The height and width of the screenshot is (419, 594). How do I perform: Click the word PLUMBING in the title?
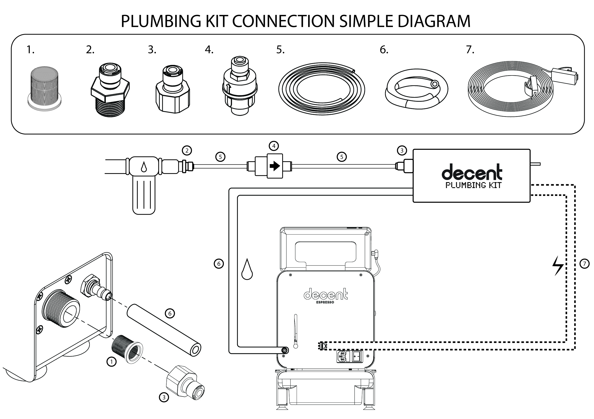pos(161,21)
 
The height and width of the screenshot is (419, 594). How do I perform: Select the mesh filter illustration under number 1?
pos(44,87)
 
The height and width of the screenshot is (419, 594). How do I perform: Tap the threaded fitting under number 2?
pos(110,93)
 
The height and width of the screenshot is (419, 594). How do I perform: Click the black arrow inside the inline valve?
pos(274,166)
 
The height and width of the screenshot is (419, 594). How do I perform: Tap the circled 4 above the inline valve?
pos(274,146)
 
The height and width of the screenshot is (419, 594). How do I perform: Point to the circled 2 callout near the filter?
pos(187,150)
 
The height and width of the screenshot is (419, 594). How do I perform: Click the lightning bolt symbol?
pos(558,266)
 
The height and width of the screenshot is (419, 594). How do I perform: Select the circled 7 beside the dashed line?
pos(584,264)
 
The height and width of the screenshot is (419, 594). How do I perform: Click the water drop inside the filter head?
pos(144,167)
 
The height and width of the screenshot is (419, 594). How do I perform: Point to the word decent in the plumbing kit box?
pos(472,172)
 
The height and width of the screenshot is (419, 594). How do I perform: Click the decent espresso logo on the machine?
pos(325,295)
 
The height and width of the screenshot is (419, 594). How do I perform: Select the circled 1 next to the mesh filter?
pos(112,362)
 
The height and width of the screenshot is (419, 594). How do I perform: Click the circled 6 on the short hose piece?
pos(170,313)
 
